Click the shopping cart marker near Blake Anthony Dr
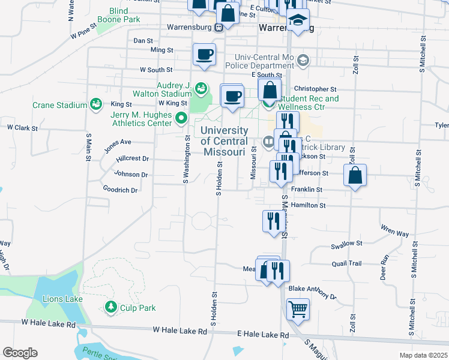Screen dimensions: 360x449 [x=298, y=310]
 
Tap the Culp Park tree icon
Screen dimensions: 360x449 [x=110, y=308]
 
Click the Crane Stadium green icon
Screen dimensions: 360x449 [x=95, y=105]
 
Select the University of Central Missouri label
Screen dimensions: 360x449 [x=224, y=141]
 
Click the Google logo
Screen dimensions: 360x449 [x=20, y=352]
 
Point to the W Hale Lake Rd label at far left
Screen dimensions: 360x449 [x=49, y=323]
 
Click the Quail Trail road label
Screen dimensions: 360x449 [x=346, y=263]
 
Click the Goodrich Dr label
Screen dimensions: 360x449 [x=120, y=190]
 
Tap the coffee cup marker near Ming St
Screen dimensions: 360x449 [x=204, y=55]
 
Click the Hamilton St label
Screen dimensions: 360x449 [x=308, y=205]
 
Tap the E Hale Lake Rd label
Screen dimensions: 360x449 [x=263, y=335]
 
